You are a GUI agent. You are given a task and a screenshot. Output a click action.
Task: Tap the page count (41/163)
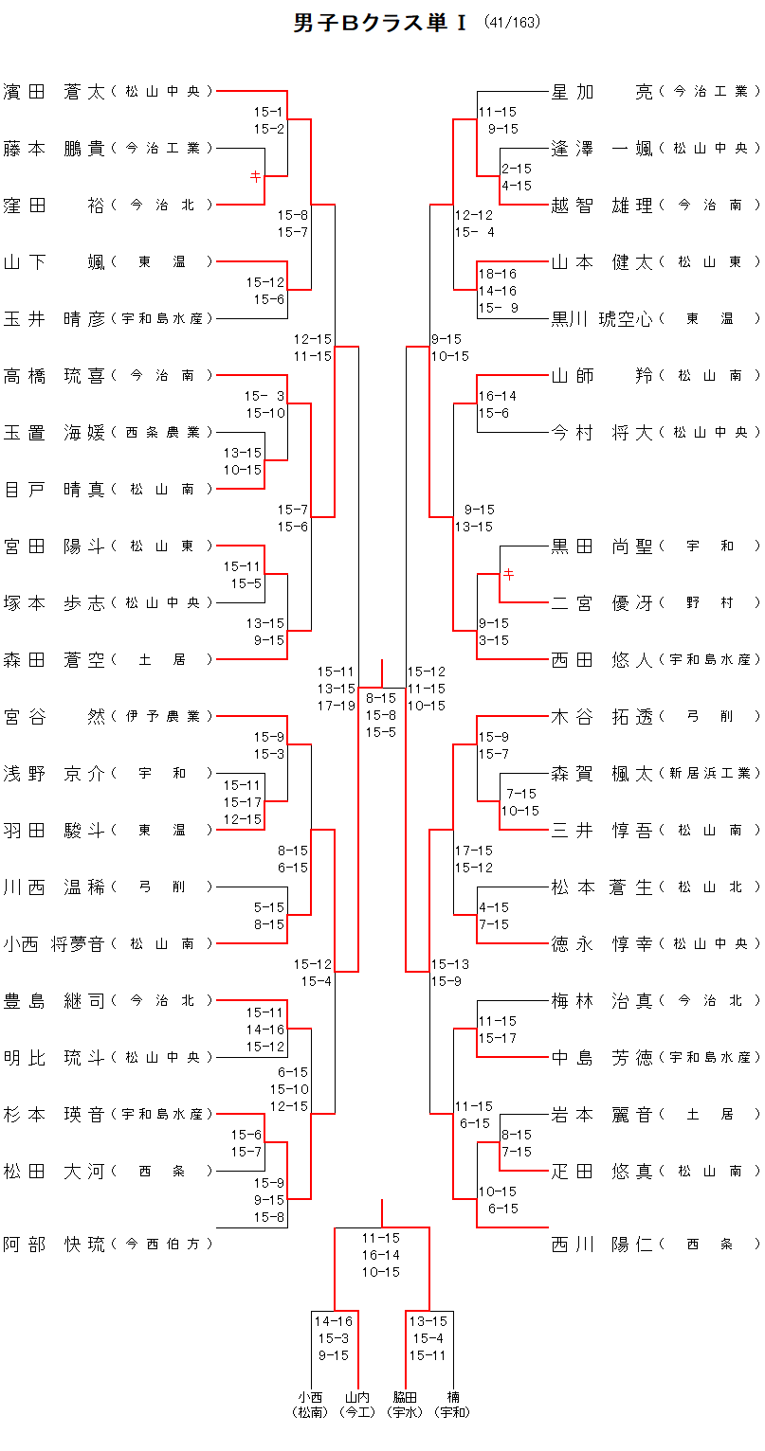[x=512, y=23]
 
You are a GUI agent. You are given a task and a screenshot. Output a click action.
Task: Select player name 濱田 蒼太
[x=54, y=92]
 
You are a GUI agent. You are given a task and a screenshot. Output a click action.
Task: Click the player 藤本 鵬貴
[x=54, y=149]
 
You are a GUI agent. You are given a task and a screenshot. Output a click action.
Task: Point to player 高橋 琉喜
[x=54, y=376]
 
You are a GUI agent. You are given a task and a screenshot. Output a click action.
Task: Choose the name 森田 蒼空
[x=54, y=660]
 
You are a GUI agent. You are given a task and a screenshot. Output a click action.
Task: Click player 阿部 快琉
[x=54, y=1245]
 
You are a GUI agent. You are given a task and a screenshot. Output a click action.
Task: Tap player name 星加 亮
[x=603, y=92]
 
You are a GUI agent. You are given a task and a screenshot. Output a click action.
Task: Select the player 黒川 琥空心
[x=603, y=319]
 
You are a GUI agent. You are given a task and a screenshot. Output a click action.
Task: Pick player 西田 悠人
[x=603, y=660]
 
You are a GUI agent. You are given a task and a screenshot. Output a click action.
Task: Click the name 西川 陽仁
[x=603, y=1245]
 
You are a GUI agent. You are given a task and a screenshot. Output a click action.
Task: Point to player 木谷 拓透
[x=603, y=717]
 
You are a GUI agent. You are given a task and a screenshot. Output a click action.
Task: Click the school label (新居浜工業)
[x=710, y=774]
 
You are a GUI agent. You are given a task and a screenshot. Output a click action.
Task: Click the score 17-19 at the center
[x=337, y=706]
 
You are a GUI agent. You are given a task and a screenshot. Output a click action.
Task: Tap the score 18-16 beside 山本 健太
[x=498, y=274]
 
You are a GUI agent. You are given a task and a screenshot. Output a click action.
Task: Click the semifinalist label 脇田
[x=406, y=1397]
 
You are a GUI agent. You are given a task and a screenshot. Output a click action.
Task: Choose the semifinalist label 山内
[x=357, y=1397]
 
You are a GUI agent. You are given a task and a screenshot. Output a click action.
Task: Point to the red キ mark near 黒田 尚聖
[x=508, y=574]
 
